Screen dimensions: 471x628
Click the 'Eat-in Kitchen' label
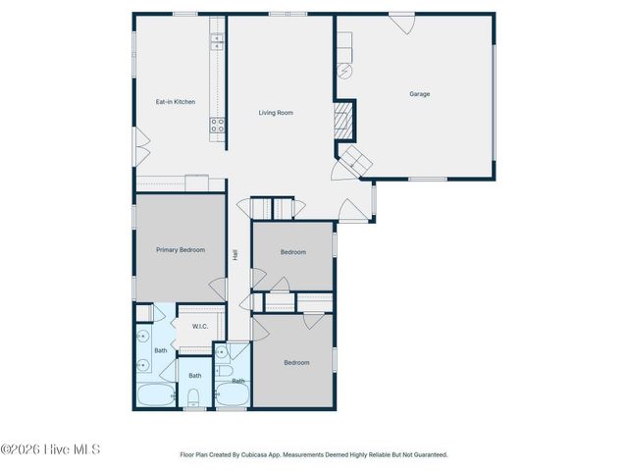(176, 102)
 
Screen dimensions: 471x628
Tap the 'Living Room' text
(276, 113)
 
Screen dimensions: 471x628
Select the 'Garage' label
(419, 94)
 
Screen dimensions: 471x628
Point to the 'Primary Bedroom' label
(181, 250)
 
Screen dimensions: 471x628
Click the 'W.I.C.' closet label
(198, 326)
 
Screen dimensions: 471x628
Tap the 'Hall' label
(235, 255)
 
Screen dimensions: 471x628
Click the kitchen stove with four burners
(217, 125)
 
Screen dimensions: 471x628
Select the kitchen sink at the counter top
(216, 41)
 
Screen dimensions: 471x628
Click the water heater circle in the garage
(343, 71)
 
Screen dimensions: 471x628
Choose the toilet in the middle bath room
(193, 397)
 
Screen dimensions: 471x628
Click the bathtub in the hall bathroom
(233, 395)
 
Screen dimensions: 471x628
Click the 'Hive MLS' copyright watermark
(50, 450)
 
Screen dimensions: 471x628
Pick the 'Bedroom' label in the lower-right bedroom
(296, 363)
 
